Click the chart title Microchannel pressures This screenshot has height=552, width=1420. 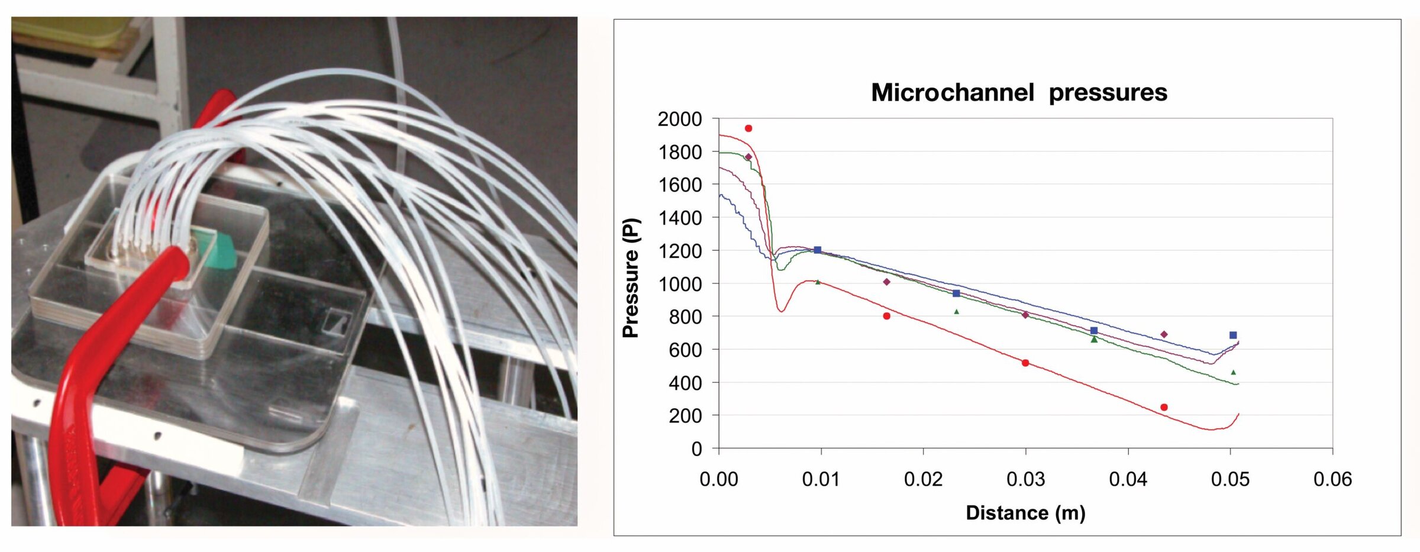pos(1019,93)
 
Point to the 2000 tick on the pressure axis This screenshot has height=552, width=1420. pos(679,119)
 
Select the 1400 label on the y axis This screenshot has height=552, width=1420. pos(679,218)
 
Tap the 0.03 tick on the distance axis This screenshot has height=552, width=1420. pos(1025,479)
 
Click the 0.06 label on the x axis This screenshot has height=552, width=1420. pos(1332,479)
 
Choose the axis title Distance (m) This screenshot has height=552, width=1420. pos(1025,512)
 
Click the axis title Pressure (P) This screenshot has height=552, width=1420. pos(631,278)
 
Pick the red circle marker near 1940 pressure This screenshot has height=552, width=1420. pos(748,128)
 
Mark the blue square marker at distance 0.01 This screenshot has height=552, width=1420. pos(818,250)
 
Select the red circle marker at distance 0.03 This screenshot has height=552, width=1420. pos(1025,363)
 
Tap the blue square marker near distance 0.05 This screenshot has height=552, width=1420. pos(1233,335)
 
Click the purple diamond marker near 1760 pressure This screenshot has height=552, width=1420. pos(748,157)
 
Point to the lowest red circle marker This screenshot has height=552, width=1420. pos(1164,407)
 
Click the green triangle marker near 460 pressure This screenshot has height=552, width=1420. pos(1234,372)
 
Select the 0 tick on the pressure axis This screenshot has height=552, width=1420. pos(696,449)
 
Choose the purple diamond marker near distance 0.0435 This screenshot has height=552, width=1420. pos(1164,334)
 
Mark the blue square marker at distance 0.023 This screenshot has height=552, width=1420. pos(956,293)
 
